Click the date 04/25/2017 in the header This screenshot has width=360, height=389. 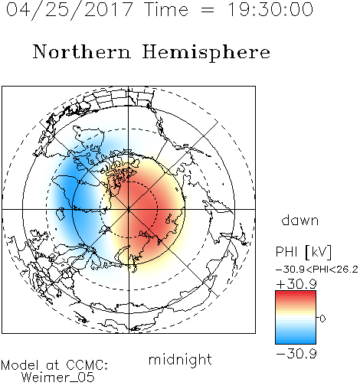tap(69, 10)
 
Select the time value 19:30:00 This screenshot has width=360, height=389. tap(270, 10)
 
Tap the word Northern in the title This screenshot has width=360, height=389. tap(82, 52)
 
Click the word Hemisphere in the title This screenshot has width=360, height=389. tap(206, 53)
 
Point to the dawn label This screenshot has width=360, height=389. tap(300, 221)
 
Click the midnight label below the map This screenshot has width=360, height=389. tap(180, 360)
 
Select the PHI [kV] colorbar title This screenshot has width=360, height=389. tap(303, 252)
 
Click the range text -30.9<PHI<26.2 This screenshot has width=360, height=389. tap(317, 270)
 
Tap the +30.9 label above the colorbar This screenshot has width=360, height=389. tap(296, 284)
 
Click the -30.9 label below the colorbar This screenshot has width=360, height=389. tap(296, 354)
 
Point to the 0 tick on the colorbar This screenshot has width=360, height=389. tap(322, 319)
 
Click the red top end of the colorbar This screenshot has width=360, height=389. tap(296, 293)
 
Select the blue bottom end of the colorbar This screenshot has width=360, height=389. tap(296, 342)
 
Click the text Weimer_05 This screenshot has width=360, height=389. tap(58, 378)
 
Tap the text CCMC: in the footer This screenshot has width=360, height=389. tap(87, 365)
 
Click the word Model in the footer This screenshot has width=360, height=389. tap(20, 365)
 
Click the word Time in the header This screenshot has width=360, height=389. tap(166, 10)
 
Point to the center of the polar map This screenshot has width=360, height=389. tap(129, 209)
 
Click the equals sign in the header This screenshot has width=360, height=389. tap(208, 11)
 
